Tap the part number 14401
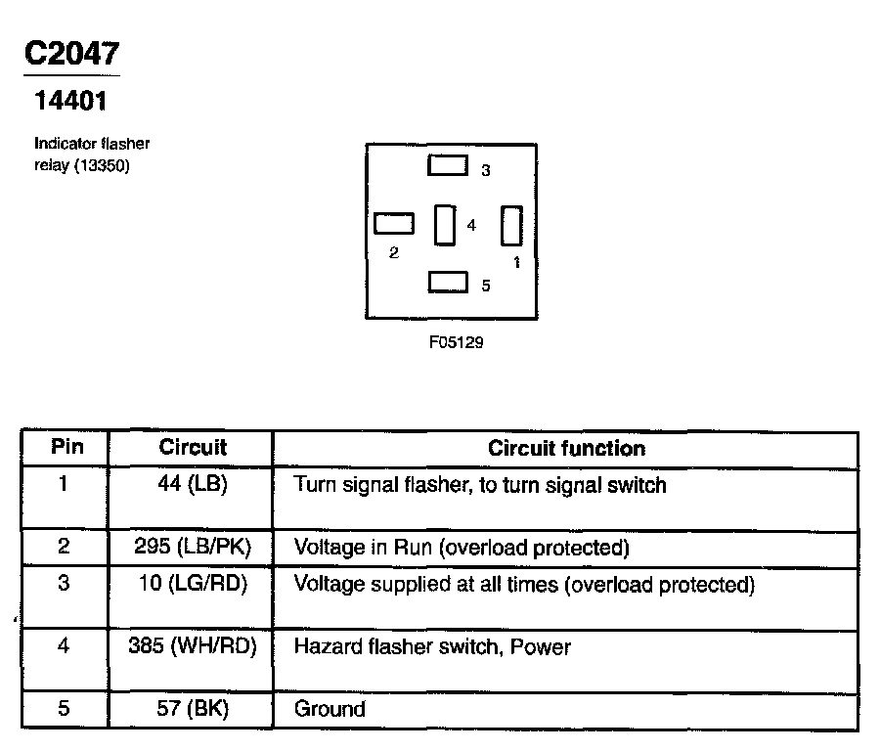(70, 101)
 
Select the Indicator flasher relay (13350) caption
(92, 155)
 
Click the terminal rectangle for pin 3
(448, 164)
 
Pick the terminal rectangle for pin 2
(394, 224)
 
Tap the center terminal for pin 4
(445, 225)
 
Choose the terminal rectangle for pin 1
(511, 225)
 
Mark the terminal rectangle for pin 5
(448, 282)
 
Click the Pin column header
(66, 448)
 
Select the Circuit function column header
(566, 449)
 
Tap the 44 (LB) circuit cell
(193, 484)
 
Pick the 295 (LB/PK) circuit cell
(193, 547)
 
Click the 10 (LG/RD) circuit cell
(193, 585)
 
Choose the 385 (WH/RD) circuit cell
(193, 646)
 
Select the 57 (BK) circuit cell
(193, 709)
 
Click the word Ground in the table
(330, 709)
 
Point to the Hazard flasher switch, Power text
(432, 646)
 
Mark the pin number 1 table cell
(64, 484)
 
